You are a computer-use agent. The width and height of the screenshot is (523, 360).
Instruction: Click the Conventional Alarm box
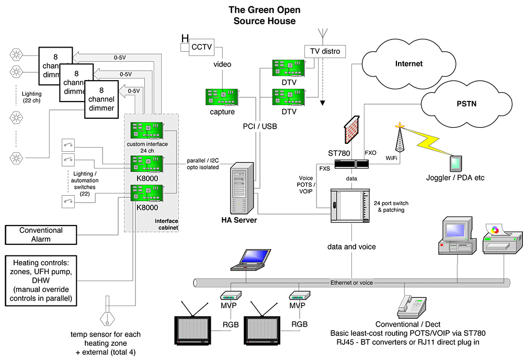(41, 235)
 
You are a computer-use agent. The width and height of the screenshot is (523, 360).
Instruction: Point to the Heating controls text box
(41, 280)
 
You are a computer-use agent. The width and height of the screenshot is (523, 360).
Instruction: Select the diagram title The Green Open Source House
(264, 16)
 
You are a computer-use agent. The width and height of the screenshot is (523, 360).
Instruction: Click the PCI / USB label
(260, 126)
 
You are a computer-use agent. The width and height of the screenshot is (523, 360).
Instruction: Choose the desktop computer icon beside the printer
(457, 237)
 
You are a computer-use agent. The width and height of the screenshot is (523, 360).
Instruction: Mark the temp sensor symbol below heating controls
(107, 318)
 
